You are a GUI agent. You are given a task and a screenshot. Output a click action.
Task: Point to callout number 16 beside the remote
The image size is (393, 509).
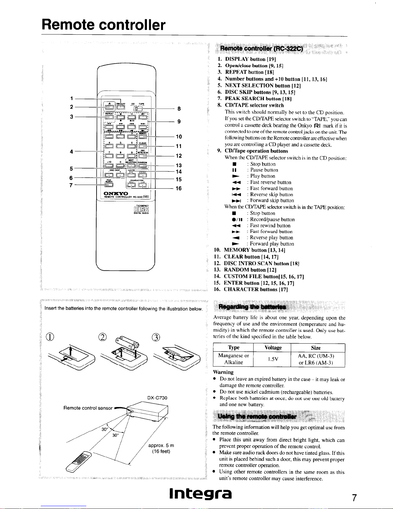(x=178, y=189)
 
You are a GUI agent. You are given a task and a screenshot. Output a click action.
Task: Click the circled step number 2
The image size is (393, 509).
(x=102, y=338)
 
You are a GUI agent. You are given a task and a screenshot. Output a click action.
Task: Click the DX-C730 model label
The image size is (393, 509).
(x=157, y=398)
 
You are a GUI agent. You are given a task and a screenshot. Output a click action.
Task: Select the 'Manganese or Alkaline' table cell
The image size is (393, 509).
(x=233, y=359)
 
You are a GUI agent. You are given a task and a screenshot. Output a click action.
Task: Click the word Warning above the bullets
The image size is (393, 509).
(x=223, y=372)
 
